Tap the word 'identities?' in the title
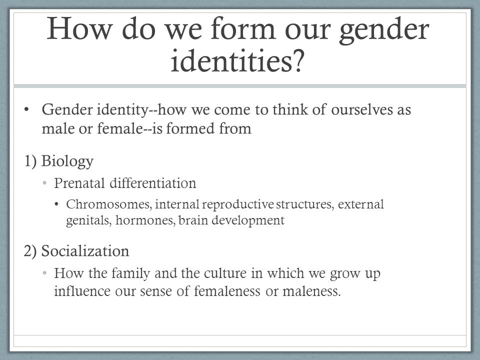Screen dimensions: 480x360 click(237, 59)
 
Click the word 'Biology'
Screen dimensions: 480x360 click(67, 161)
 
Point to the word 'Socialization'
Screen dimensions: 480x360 click(85, 251)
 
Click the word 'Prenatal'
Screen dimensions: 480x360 click(79, 183)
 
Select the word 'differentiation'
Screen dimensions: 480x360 click(153, 183)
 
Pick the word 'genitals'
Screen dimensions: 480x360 click(89, 220)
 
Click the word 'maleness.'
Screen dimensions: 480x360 click(311, 291)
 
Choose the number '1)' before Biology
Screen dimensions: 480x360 click(30, 161)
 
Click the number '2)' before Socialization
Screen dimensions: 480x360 click(30, 251)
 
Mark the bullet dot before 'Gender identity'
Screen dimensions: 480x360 click(26, 109)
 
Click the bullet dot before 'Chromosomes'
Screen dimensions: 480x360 click(56, 204)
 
